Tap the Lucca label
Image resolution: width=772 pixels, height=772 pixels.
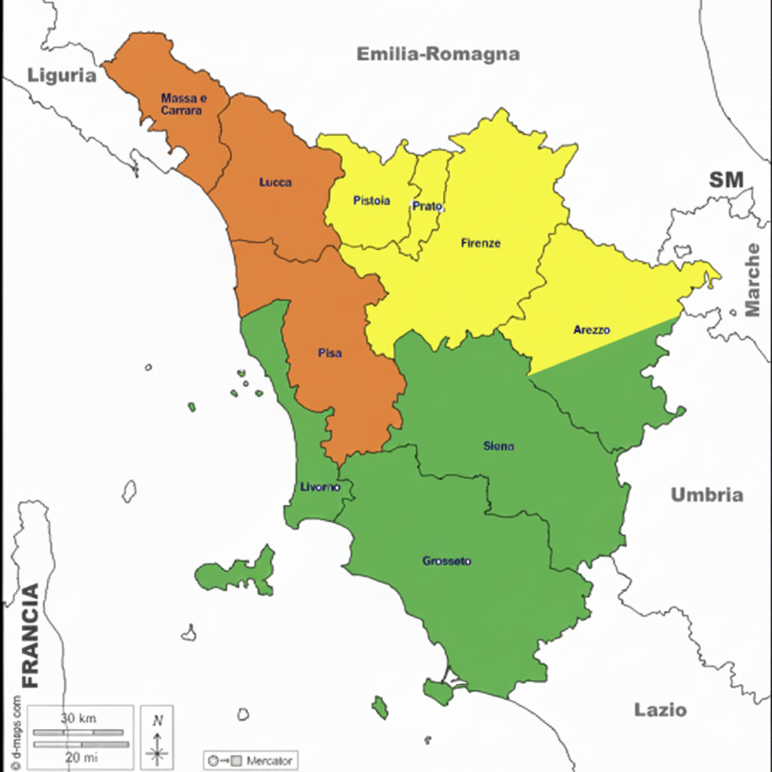tap(275, 182)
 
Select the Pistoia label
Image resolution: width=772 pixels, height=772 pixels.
tap(372, 201)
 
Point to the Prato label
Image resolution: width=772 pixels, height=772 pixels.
tap(427, 206)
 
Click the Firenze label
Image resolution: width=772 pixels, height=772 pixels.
tap(480, 243)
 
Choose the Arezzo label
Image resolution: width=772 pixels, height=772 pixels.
tap(592, 329)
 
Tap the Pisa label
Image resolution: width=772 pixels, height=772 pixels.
tap(329, 353)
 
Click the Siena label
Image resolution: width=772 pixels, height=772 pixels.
tap(498, 446)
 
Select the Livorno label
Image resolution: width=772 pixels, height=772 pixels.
tap(320, 487)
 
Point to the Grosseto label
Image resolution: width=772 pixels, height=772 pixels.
tap(447, 561)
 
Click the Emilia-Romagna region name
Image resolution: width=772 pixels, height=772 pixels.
tap(438, 54)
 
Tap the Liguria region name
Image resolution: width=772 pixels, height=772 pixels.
tap(63, 75)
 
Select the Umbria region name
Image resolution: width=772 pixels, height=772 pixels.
tap(707, 495)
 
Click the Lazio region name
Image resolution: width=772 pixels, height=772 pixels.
tap(660, 709)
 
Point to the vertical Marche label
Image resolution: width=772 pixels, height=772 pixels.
tap(752, 280)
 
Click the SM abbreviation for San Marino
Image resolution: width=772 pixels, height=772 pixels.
tap(726, 179)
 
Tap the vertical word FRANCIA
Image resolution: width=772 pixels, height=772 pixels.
tap(30, 636)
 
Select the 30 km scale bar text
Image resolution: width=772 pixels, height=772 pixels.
tap(78, 718)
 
